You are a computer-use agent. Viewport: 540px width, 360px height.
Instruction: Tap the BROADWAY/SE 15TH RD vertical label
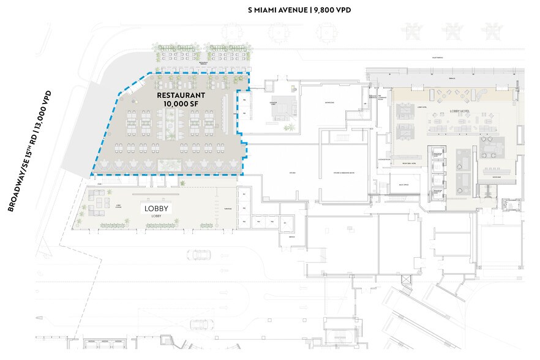tap(29, 151)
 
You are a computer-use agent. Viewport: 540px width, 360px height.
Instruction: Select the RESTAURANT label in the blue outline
tap(180, 96)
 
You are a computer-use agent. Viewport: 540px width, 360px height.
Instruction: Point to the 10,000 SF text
tap(180, 104)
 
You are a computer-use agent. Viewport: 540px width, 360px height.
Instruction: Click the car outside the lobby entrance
tap(198, 253)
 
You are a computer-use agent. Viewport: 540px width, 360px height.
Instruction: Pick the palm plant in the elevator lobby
tap(290, 127)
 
